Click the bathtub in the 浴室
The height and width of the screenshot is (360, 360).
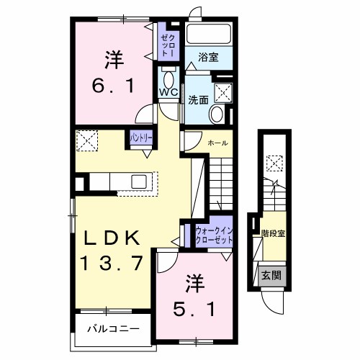(x=207, y=35)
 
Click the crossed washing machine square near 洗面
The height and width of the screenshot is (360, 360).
(x=223, y=92)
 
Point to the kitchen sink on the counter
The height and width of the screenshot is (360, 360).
(x=139, y=181)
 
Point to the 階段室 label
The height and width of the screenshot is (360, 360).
(x=272, y=233)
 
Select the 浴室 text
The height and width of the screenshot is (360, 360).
(x=207, y=55)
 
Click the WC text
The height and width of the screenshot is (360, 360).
(x=168, y=92)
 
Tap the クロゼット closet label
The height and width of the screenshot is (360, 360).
(x=166, y=45)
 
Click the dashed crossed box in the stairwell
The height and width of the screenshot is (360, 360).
(x=274, y=163)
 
